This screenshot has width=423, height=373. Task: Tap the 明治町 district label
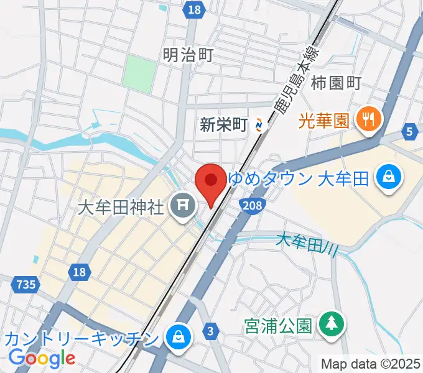(x=187, y=55)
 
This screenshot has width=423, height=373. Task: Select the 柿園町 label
(x=337, y=82)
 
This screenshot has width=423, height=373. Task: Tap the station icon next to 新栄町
(x=259, y=125)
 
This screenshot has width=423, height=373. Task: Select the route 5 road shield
(x=410, y=131)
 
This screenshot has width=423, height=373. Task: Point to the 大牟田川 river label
(x=307, y=242)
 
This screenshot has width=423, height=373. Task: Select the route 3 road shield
(x=211, y=331)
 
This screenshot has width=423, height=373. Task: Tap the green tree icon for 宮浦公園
(x=330, y=323)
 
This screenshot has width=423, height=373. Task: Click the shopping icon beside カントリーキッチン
(x=179, y=338)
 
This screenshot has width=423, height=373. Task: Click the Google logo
(x=42, y=358)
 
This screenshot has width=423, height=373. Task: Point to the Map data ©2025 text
(x=371, y=364)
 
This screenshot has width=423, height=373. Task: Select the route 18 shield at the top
(x=194, y=9)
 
